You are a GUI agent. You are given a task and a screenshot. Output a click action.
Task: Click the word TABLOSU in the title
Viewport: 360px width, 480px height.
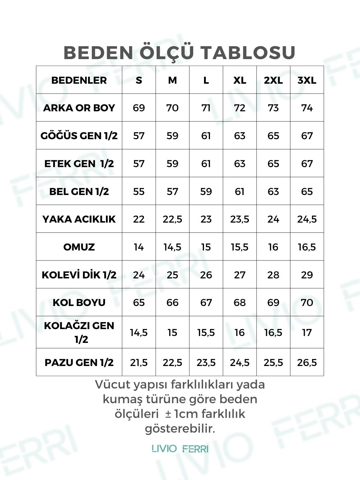pyautogui.click(x=248, y=53)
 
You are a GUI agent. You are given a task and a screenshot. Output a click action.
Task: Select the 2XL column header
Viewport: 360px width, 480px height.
pyautogui.click(x=273, y=80)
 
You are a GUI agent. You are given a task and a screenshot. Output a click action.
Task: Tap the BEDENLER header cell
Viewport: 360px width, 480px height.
pyautogui.click(x=79, y=80)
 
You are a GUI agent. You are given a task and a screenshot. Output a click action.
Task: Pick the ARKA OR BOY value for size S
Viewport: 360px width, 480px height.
pyautogui.click(x=139, y=108)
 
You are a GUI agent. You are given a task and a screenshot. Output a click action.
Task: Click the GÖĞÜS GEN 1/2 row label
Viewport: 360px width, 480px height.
pyautogui.click(x=79, y=136)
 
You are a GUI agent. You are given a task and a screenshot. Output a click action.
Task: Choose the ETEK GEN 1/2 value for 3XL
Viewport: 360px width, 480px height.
pyautogui.click(x=307, y=164)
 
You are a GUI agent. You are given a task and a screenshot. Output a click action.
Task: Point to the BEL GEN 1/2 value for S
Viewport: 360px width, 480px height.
pyautogui.click(x=139, y=192)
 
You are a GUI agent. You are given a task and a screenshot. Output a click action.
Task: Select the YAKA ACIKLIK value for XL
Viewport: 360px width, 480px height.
pyautogui.click(x=240, y=219)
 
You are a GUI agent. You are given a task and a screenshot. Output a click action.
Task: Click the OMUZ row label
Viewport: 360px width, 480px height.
pyautogui.click(x=79, y=247)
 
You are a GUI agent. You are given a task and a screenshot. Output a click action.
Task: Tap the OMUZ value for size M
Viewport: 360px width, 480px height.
pyautogui.click(x=172, y=247)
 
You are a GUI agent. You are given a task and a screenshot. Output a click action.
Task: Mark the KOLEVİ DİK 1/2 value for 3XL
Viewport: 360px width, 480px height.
pyautogui.click(x=307, y=275)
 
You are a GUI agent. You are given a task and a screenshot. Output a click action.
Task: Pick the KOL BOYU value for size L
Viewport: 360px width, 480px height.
pyautogui.click(x=206, y=303)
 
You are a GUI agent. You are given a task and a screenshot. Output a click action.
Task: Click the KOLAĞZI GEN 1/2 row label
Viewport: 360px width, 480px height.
pyautogui.click(x=79, y=332)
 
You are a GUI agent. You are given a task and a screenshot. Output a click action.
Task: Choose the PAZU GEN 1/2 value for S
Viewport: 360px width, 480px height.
pyautogui.click(x=139, y=363)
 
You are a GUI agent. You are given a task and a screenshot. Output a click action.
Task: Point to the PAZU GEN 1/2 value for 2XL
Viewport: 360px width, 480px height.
pyautogui.click(x=273, y=363)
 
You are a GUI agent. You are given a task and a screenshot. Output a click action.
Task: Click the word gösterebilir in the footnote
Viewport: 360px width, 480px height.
pyautogui.click(x=180, y=429)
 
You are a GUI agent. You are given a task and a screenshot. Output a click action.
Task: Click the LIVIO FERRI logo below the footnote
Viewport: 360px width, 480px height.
pyautogui.click(x=180, y=449)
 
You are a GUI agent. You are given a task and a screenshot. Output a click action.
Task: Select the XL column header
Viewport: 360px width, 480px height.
pyautogui.click(x=240, y=80)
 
